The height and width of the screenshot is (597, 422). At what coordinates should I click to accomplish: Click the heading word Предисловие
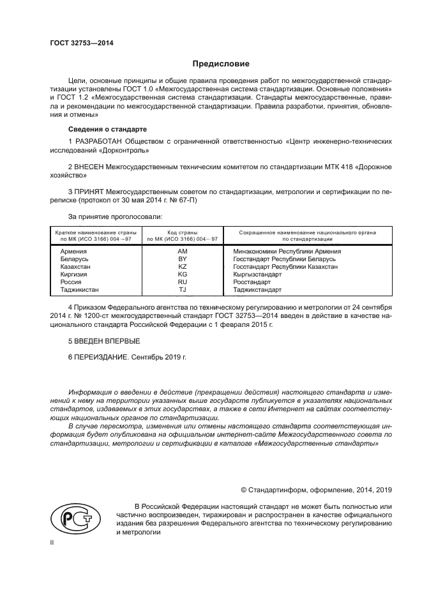pos(221,64)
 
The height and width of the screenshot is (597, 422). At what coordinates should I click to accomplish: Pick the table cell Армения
pos(73,252)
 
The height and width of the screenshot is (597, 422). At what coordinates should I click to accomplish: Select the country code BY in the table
pos(182,259)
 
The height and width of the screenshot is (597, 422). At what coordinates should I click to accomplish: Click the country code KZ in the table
pos(182,267)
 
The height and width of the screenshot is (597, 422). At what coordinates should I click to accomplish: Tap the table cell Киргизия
pos(73,275)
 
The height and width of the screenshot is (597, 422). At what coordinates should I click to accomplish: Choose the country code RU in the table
pos(182,282)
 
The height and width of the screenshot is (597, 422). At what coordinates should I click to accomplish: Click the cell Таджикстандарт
pos(257,289)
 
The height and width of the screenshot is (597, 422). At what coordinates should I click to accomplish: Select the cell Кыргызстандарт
pos(257,275)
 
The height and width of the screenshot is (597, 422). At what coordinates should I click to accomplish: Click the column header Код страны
pos(183,233)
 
